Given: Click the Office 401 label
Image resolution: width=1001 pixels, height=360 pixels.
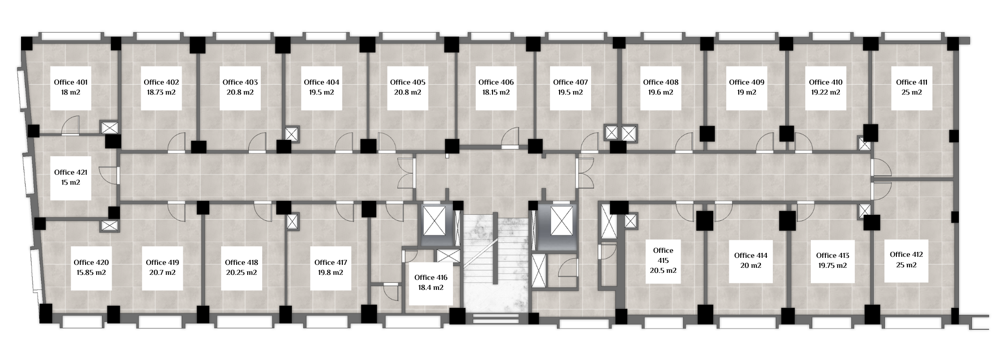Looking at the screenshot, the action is (x=71, y=82).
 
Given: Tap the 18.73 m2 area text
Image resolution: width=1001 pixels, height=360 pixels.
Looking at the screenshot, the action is (x=161, y=93).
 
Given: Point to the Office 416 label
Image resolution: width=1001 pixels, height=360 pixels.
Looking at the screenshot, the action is (x=431, y=277).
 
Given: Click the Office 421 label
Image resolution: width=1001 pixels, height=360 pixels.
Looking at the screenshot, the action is (x=71, y=172).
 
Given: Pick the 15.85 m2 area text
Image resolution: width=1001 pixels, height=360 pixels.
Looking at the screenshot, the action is (x=91, y=273).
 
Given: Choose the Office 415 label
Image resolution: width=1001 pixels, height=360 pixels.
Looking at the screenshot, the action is (x=663, y=255).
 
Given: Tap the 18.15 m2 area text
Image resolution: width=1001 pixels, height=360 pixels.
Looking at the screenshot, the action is (x=495, y=93).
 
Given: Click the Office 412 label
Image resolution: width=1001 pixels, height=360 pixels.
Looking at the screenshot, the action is (x=906, y=254).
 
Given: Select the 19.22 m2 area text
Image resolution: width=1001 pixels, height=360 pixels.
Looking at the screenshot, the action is (x=825, y=93).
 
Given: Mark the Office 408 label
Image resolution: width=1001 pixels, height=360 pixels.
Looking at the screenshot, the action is (x=661, y=82).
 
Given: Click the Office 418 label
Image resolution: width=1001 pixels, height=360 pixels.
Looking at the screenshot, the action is (x=242, y=262).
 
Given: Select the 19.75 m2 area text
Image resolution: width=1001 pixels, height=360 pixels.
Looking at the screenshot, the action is (x=832, y=266).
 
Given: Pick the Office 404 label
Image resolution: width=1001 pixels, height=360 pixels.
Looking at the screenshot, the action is (x=321, y=82).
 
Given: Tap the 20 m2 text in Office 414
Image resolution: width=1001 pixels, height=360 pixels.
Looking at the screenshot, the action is (x=751, y=266).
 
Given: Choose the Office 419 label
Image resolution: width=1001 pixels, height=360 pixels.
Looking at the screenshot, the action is (x=162, y=262).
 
